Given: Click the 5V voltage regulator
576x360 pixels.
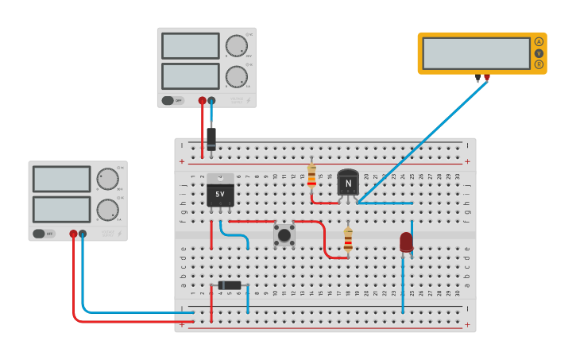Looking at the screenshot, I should [x=220, y=192].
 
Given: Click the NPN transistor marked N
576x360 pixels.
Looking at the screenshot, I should [x=348, y=183].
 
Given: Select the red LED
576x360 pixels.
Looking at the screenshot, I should [x=406, y=242].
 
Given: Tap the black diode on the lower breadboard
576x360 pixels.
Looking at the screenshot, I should [x=230, y=285].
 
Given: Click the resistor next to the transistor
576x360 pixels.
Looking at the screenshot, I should [x=311, y=176].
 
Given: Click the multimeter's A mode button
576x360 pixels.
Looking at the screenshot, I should [x=539, y=41].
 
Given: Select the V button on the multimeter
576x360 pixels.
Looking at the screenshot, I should [x=539, y=53].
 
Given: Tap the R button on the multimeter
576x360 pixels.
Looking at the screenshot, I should [x=539, y=64].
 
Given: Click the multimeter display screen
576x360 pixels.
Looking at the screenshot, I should [x=475, y=53].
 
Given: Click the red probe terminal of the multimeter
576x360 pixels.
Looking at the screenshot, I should [x=487, y=78].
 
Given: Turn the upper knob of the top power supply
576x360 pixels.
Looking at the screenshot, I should [x=236, y=45].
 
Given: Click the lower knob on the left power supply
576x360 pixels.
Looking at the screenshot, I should [x=107, y=210].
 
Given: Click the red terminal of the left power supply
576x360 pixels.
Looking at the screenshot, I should [x=73, y=234].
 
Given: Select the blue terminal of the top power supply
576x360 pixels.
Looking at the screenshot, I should [x=211, y=101].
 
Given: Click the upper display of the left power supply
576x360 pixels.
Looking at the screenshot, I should [x=61, y=179].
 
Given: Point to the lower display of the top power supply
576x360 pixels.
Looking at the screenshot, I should [x=190, y=76].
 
